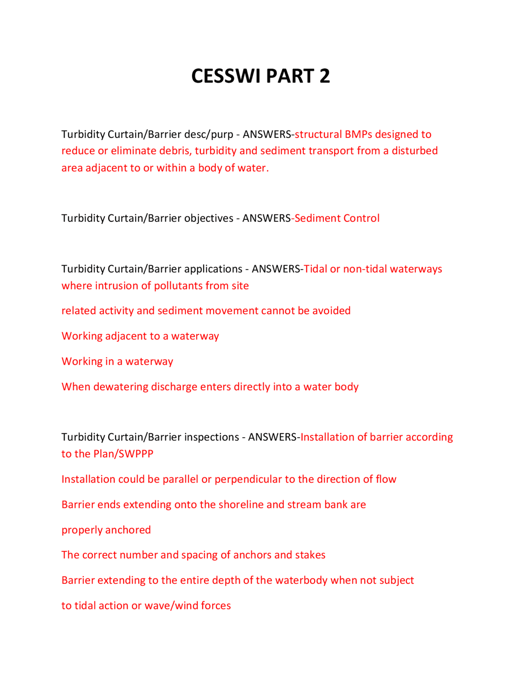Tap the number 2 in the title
(325, 76)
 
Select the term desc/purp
(208, 135)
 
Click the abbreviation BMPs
(358, 135)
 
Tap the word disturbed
(415, 151)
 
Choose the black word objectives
(208, 218)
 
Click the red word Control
(361, 218)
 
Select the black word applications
(213, 269)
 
